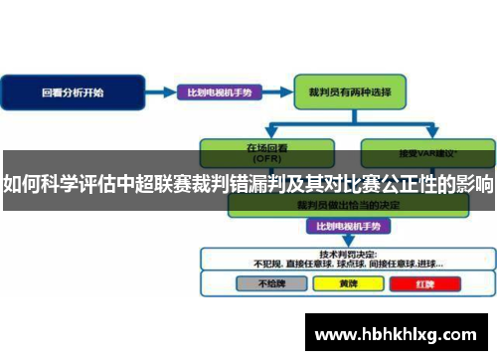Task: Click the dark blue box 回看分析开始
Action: click(72, 91)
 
